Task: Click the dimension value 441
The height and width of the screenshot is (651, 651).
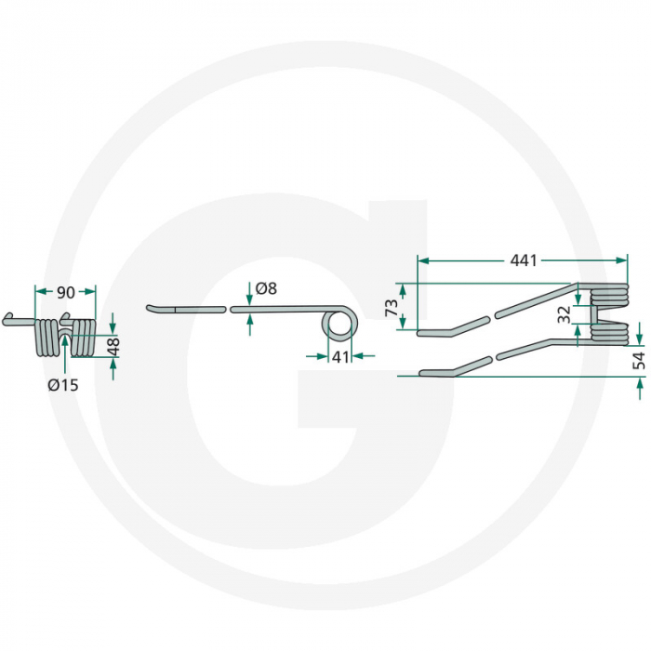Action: pos(524,261)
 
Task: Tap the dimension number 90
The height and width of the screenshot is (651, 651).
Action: pos(65,293)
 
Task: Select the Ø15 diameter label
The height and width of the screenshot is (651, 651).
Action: pos(64,385)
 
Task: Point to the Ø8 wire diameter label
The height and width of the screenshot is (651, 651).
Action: pos(266,289)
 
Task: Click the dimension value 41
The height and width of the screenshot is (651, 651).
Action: pos(339,355)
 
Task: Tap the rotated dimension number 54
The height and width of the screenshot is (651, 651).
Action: pos(639,361)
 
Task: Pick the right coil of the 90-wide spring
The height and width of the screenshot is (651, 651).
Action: pos(84,338)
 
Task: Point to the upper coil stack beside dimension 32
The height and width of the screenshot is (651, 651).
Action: pos(611,296)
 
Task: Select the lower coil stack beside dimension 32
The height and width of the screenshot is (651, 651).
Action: pos(611,333)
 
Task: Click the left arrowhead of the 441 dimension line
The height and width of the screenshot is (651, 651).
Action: pos(421,261)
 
